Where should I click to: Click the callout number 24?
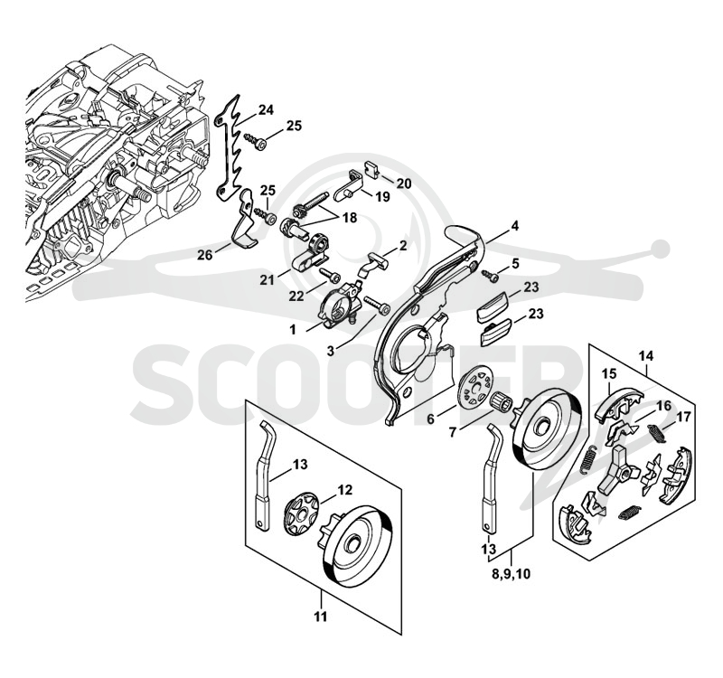(x=266, y=110)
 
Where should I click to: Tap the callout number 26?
(x=205, y=254)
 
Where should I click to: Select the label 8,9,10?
(x=512, y=574)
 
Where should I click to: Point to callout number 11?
(x=321, y=617)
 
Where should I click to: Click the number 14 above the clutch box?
(x=646, y=356)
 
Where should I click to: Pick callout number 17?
(x=683, y=418)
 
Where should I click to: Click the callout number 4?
(x=515, y=227)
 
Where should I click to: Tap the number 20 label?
(x=404, y=184)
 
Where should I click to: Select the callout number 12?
(x=345, y=489)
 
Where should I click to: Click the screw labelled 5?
(x=491, y=277)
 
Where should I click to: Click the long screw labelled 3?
(x=377, y=306)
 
